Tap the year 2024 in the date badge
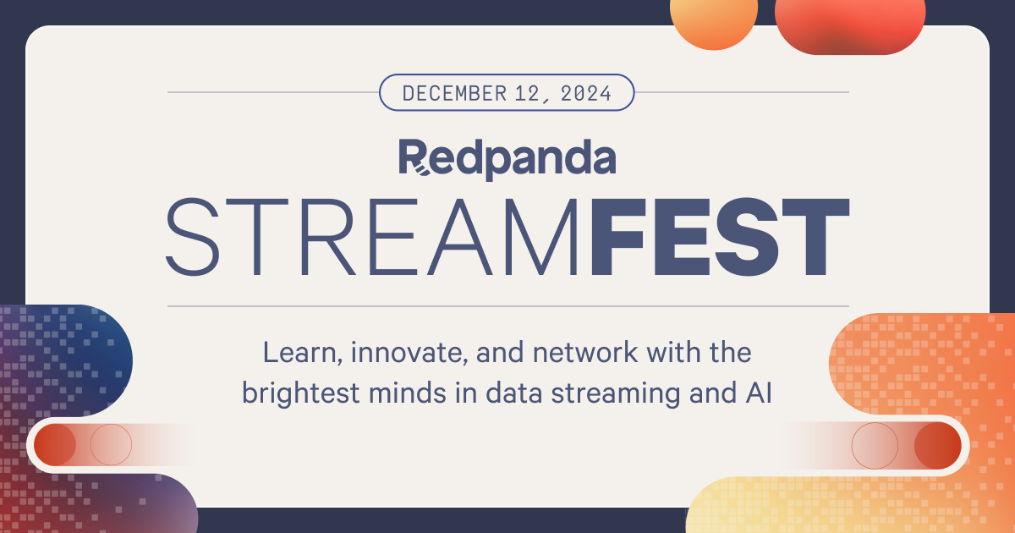point(584,93)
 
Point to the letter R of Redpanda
point(414,157)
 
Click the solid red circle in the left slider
point(54,444)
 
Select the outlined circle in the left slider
point(111,444)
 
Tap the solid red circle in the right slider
point(937,444)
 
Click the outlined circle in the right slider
point(875,444)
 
